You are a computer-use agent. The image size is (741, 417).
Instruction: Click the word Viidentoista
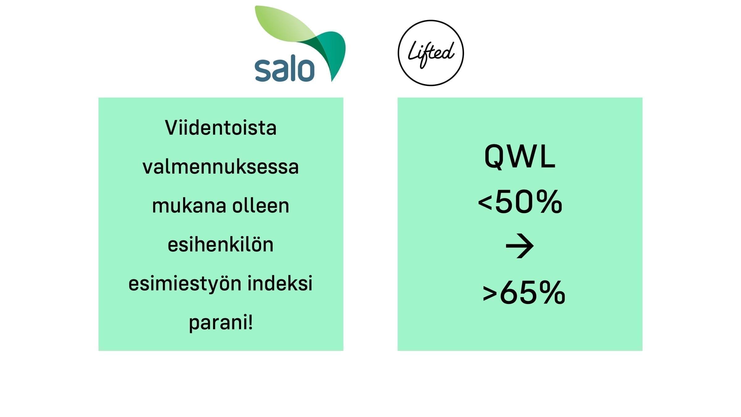point(221,128)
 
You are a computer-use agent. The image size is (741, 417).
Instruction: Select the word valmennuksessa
point(221,167)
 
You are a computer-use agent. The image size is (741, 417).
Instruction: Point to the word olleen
point(261,206)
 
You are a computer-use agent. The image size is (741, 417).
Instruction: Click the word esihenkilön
point(220,244)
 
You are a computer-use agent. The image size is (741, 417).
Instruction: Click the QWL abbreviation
point(520,157)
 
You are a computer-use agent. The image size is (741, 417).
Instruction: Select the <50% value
point(520,202)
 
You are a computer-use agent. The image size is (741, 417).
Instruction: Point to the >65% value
point(524,293)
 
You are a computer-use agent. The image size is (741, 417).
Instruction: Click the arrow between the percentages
point(520,246)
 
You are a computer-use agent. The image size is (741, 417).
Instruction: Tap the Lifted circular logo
point(431,53)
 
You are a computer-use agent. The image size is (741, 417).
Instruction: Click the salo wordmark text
point(285,70)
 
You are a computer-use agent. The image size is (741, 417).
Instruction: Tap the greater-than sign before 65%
point(490,293)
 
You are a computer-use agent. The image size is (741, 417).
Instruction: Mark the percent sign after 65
point(551,293)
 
